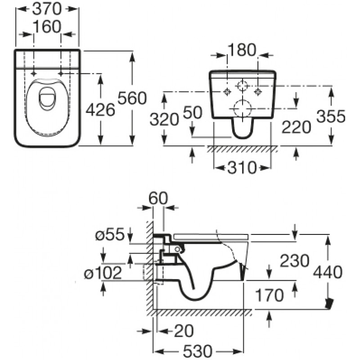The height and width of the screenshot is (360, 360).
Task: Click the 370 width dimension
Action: (x=47, y=9)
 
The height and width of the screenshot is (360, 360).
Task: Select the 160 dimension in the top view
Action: (x=47, y=27)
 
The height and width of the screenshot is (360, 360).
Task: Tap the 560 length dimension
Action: (x=132, y=98)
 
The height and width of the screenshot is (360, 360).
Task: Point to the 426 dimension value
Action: (x=100, y=110)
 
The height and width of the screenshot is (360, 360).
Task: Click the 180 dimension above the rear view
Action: (x=242, y=50)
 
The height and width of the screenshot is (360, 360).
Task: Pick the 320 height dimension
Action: (x=164, y=119)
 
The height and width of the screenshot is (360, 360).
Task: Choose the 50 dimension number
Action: (x=193, y=112)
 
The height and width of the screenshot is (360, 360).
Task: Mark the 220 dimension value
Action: (x=296, y=127)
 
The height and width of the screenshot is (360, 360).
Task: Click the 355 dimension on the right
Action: (x=331, y=116)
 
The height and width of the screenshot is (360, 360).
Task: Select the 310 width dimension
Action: (x=242, y=167)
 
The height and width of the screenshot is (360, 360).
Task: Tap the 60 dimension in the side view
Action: (x=158, y=198)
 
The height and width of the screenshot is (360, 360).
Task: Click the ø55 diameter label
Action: (x=109, y=234)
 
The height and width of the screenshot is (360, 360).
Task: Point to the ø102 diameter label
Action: (x=103, y=273)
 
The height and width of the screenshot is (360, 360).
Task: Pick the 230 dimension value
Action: (x=295, y=261)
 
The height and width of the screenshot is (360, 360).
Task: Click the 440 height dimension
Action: (x=328, y=272)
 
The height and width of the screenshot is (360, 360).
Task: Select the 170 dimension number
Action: (x=269, y=295)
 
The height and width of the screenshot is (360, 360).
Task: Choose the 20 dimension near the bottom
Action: (x=184, y=331)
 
